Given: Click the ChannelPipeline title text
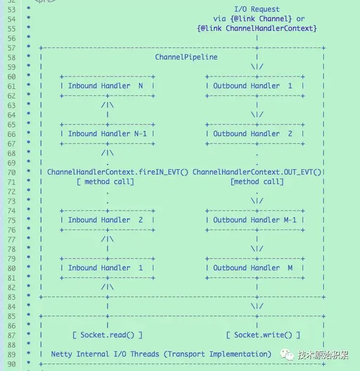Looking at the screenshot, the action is point(186,57).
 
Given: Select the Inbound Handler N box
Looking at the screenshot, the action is point(108,86).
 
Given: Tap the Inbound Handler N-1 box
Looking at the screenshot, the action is point(108,134).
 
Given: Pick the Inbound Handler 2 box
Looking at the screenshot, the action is point(108,220).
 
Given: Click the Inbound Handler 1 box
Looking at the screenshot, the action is point(108,268).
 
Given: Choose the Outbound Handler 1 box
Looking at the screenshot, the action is point(255,86).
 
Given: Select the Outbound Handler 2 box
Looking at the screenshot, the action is point(255,134).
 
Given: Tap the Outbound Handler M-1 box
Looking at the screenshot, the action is point(255,220).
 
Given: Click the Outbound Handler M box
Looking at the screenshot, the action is point(255,268).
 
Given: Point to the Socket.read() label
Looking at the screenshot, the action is point(107,335).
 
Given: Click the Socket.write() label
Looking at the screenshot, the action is point(263,335).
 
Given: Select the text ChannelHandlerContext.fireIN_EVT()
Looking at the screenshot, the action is point(118,172).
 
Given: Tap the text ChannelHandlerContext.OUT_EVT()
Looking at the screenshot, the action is point(257,172).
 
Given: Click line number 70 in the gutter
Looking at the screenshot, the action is point(11,172).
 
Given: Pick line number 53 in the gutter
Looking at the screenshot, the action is point(11,10).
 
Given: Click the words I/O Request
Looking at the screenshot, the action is point(257,9).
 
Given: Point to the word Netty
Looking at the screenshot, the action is point(62,354).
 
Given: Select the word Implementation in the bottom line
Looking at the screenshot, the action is point(240,354).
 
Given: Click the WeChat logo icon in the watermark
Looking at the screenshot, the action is point(287,354).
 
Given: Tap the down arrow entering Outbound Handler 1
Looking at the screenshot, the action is point(257,62).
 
